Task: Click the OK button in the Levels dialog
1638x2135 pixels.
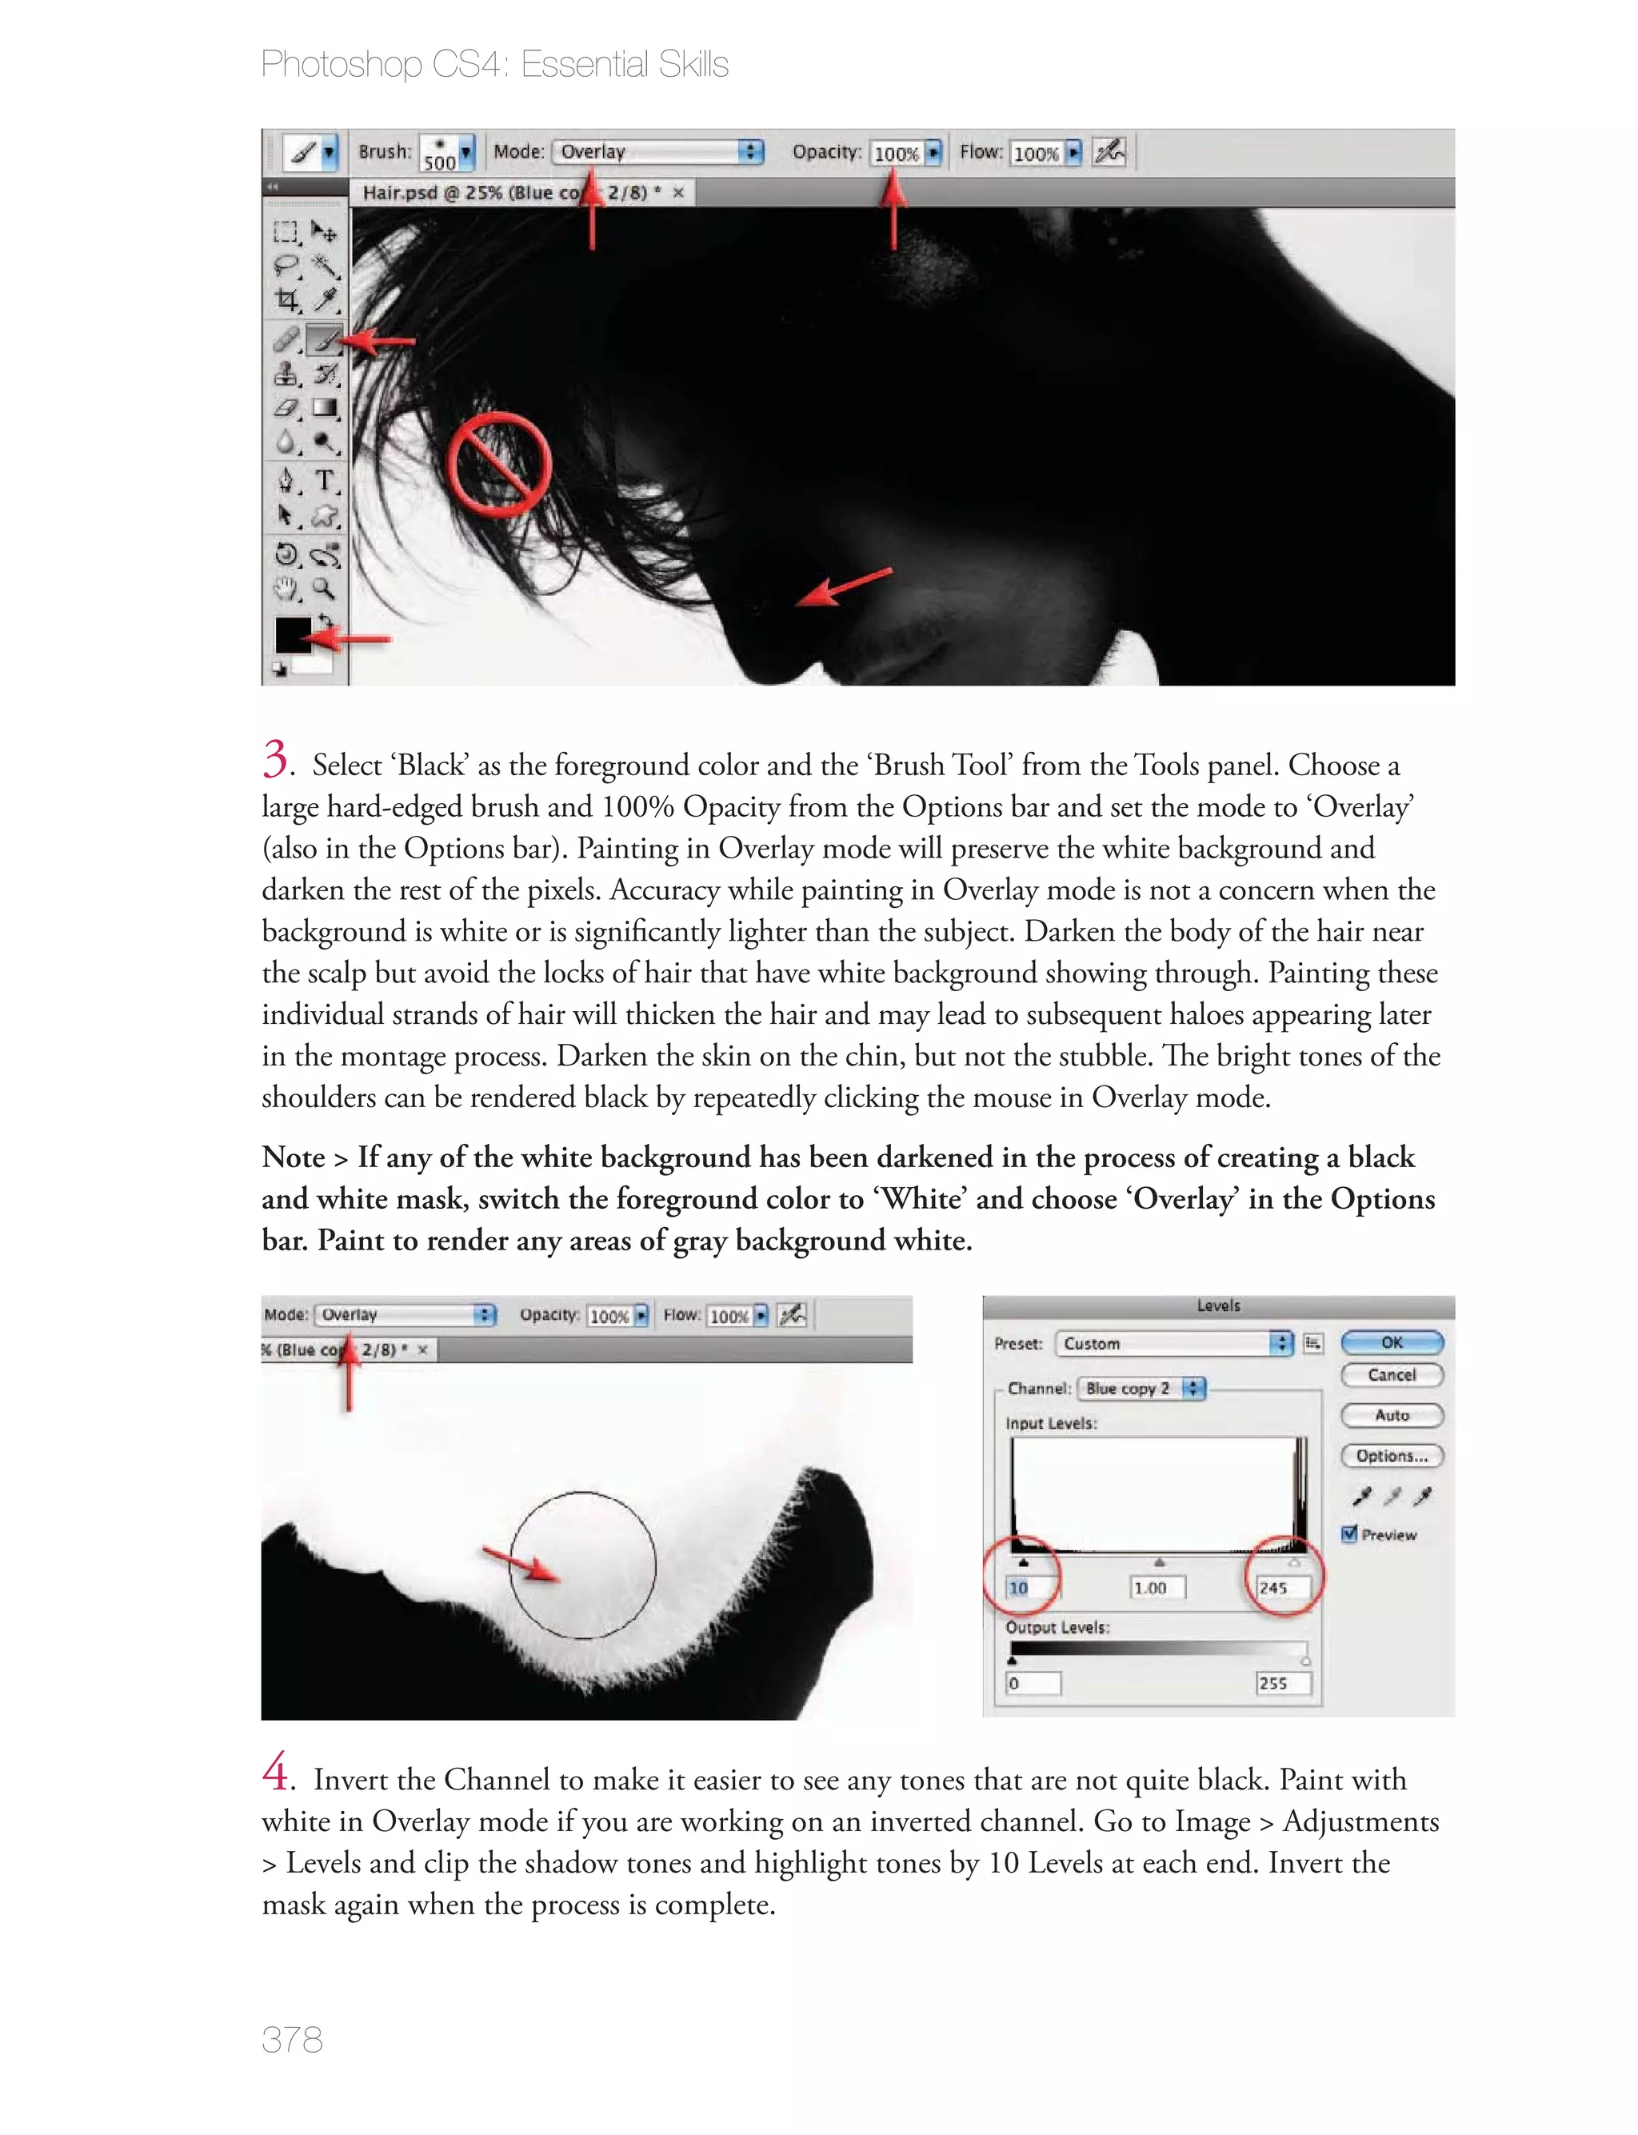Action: click(1392, 1342)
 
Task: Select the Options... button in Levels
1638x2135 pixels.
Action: click(1392, 1456)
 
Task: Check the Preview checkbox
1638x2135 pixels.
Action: click(1350, 1534)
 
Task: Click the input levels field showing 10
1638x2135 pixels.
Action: click(1033, 1588)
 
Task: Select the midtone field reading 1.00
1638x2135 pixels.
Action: click(1157, 1588)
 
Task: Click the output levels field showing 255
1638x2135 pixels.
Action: click(1282, 1684)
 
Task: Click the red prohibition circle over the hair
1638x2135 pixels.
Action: click(499, 464)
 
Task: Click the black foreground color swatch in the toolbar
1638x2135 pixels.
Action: click(293, 634)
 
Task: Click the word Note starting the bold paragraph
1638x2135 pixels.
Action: click(293, 1157)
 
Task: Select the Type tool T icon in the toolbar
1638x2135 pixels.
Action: click(325, 480)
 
